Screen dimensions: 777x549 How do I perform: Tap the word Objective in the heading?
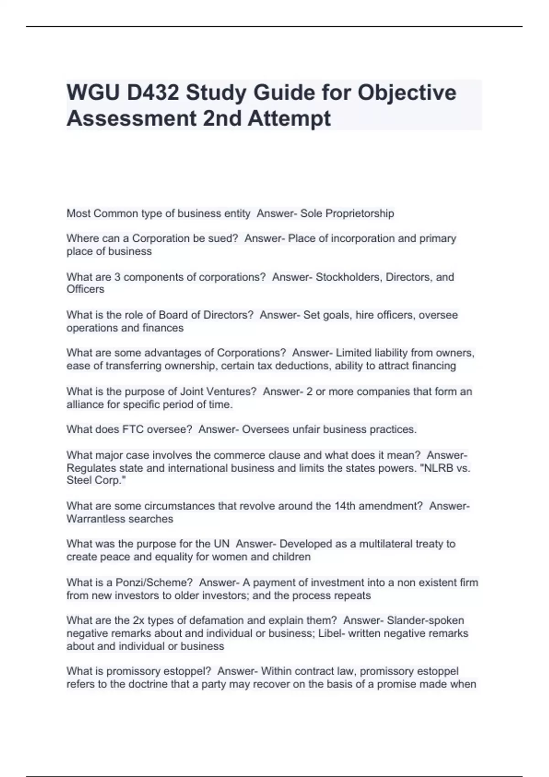[407, 93]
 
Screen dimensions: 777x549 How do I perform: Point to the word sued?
[221, 238]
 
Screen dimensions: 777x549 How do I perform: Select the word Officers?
[86, 289]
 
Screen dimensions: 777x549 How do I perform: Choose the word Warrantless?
[96, 519]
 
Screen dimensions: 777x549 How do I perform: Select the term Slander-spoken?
[425, 621]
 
